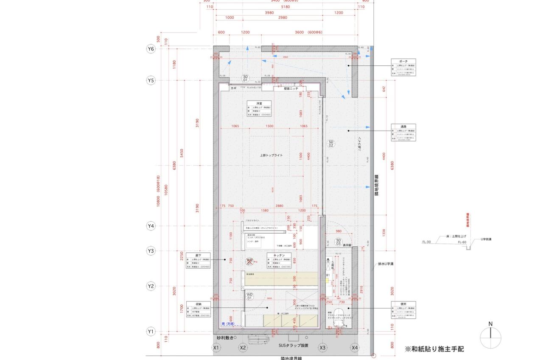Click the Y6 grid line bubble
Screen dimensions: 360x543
(151, 49)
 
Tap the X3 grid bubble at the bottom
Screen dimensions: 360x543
(322, 348)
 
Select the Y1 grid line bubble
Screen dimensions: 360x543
(151, 331)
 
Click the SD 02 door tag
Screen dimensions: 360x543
(331, 143)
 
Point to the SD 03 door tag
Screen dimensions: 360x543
(338, 242)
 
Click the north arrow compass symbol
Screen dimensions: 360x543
(490, 338)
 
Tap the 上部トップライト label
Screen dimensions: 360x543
(271, 156)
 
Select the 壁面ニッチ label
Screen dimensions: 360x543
(291, 89)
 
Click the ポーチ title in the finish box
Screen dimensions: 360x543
(403, 61)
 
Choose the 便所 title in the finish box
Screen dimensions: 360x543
(403, 304)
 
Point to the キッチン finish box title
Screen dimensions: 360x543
(279, 255)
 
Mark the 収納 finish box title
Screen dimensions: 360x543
(198, 304)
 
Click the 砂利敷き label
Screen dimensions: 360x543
(225, 338)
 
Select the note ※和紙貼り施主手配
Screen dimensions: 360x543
(434, 349)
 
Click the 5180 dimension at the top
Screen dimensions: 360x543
(285, 7)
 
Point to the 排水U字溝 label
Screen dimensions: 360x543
(386, 264)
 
